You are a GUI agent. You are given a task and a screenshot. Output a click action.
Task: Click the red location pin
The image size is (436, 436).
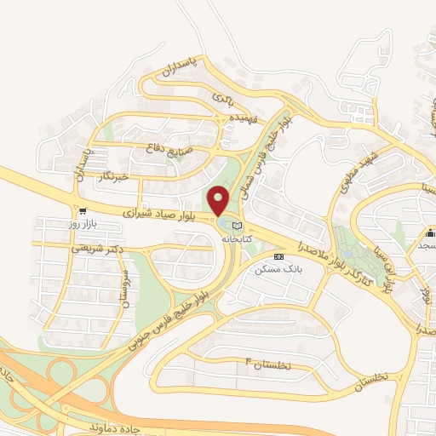221,200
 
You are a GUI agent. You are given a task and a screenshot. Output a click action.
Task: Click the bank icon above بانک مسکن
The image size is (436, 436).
276,256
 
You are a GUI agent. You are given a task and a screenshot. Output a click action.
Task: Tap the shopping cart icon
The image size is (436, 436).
83,210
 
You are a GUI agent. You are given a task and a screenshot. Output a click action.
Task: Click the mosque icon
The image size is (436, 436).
431,233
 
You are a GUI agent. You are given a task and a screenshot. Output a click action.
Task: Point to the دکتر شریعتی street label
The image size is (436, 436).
92,248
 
